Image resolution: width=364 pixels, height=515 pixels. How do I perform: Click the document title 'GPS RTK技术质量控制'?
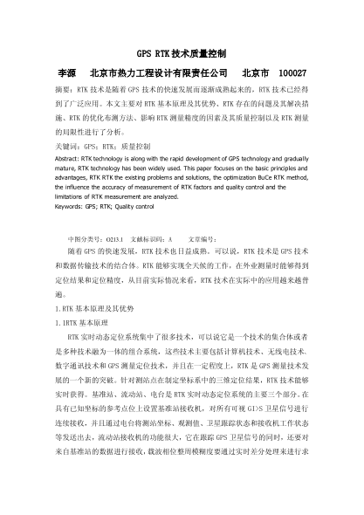(182, 52)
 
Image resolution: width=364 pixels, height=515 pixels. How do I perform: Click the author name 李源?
(67, 72)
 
